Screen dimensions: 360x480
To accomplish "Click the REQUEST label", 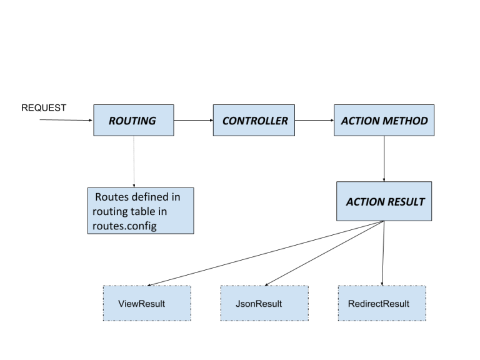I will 44,107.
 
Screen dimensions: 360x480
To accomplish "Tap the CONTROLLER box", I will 254,120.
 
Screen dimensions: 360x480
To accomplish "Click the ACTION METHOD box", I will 384,120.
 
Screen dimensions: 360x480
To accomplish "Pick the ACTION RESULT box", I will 384,201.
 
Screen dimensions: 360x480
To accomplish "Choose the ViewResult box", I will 146,304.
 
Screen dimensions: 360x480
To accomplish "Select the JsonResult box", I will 263,304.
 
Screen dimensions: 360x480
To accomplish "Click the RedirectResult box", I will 381,304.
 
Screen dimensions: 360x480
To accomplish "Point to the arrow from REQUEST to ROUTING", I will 66,119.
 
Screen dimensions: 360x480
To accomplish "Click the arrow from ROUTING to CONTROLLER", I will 194,120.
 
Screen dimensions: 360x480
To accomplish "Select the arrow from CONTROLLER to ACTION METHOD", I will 314,120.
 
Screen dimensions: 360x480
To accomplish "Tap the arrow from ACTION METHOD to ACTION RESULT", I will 384,159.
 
